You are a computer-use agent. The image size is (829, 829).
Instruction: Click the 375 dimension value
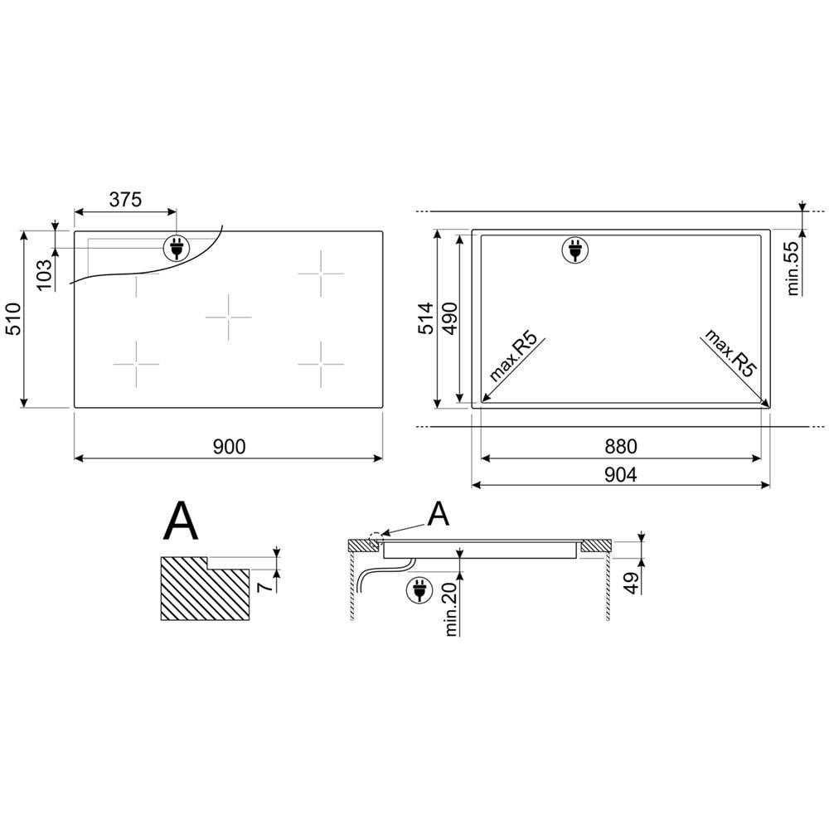[x=125, y=199]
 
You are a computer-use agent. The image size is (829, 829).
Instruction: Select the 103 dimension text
[x=45, y=274]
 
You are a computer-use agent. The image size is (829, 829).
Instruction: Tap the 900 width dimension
[x=229, y=447]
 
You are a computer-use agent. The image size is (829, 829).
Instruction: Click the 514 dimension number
[x=425, y=318]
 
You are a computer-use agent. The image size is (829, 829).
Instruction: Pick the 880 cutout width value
[x=620, y=447]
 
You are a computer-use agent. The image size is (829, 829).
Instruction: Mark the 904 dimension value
[x=620, y=474]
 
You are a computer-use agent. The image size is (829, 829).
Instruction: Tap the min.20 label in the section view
[x=452, y=607]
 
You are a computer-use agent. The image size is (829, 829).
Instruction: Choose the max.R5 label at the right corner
[x=730, y=354]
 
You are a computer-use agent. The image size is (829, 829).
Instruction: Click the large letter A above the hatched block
[x=181, y=520]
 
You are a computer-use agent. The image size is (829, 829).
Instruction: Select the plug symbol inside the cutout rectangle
[x=573, y=249]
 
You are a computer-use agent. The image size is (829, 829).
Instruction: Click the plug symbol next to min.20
[x=419, y=589]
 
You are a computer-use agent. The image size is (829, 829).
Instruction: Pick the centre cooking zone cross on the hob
[x=229, y=317]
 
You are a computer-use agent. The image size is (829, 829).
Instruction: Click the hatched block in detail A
[x=203, y=589]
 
